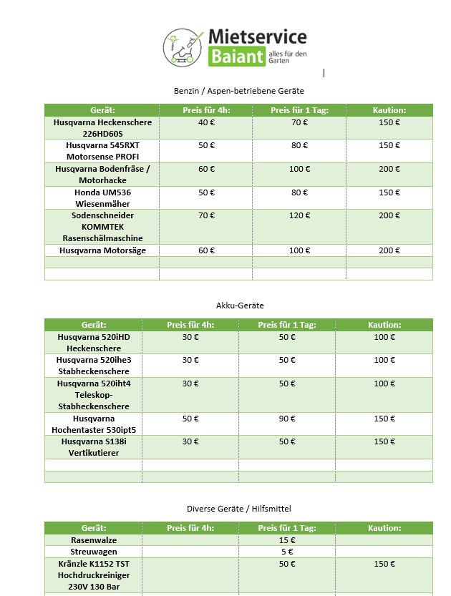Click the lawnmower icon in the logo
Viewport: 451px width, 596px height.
tap(182, 47)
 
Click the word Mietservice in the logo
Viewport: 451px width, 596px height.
tap(257, 37)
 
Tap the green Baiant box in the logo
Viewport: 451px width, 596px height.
tap(236, 57)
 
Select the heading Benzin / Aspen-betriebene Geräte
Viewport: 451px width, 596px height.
tap(238, 91)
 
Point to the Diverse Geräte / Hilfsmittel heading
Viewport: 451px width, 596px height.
tap(238, 509)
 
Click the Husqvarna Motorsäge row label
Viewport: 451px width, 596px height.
tap(103, 250)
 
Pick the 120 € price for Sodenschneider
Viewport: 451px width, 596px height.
tap(299, 215)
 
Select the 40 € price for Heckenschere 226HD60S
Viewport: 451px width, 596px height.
tap(207, 122)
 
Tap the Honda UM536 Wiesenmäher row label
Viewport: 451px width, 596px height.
tap(103, 198)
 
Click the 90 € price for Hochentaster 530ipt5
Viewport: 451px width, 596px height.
tap(287, 419)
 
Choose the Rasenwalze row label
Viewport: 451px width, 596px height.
tap(94, 540)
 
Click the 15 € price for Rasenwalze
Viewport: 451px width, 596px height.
tap(287, 540)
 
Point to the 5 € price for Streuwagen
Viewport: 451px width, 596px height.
tap(287, 552)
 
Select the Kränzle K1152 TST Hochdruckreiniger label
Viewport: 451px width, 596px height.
tap(94, 575)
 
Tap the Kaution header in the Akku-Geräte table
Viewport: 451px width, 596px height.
tap(384, 325)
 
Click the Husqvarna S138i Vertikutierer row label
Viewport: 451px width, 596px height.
tap(94, 447)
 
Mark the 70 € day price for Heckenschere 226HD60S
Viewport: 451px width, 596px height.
tap(299, 122)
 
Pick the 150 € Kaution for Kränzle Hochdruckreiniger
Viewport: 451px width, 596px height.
tap(384, 564)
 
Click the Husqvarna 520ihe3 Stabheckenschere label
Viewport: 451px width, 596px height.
tap(94, 366)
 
